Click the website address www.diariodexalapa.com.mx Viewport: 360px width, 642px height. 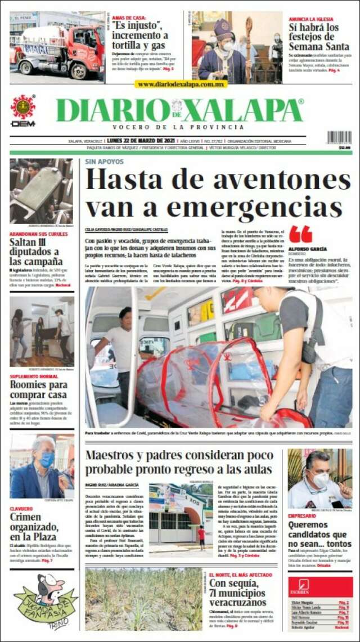point(181,84)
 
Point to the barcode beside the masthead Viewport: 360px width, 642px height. point(339,137)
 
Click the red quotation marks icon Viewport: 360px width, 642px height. point(300,234)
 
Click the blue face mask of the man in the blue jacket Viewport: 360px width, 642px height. point(46,459)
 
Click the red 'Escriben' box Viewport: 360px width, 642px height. point(320,587)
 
